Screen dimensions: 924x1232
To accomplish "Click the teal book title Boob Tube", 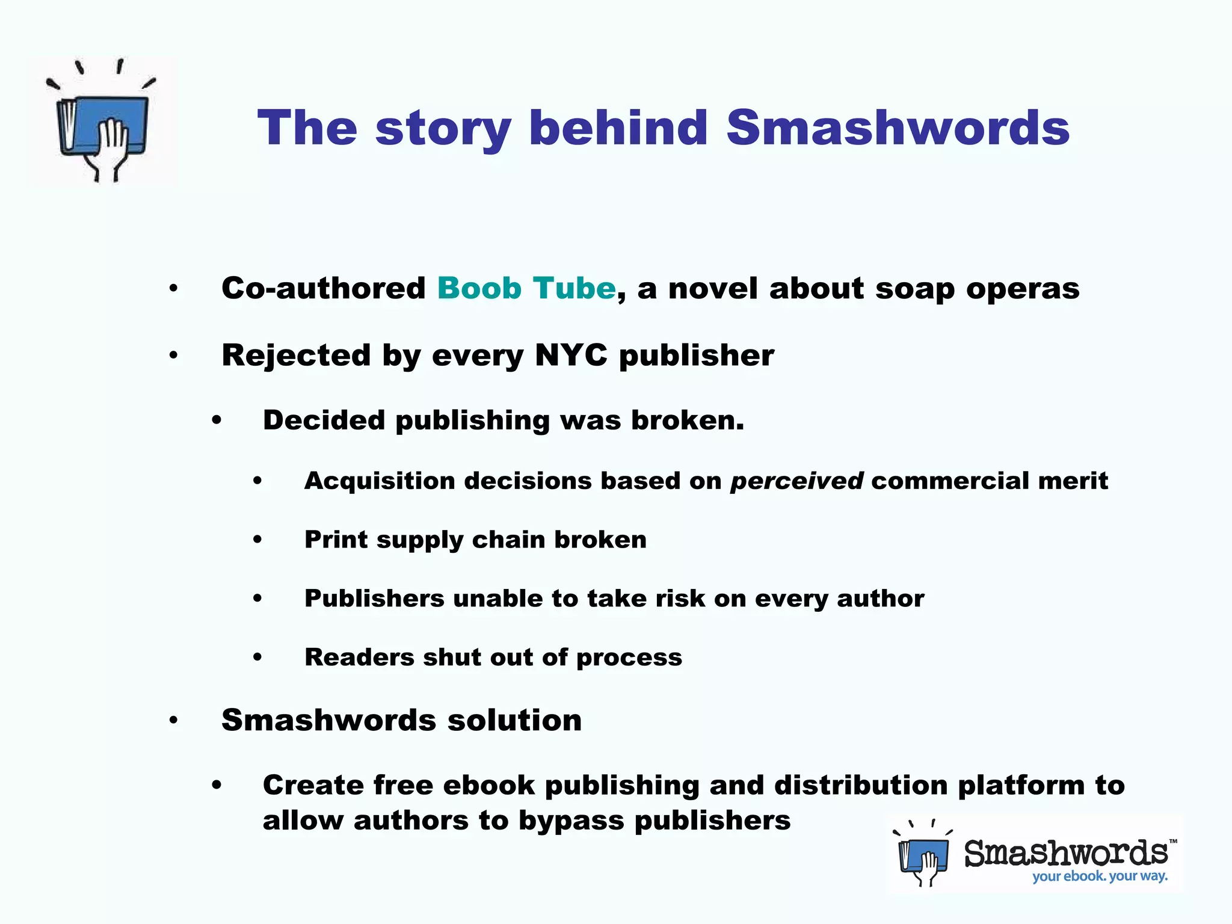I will click(x=526, y=288).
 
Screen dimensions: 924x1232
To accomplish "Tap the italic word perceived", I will click(x=796, y=481).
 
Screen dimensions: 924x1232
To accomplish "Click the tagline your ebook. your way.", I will click(x=1100, y=876).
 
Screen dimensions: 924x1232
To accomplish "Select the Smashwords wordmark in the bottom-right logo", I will click(x=1066, y=852).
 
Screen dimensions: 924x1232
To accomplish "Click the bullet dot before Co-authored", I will click(x=173, y=289).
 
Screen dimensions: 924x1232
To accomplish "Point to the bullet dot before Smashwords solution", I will click(x=173, y=720).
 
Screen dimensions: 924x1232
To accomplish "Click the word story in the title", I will click(x=443, y=129).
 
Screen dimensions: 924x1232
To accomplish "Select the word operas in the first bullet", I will click(x=1023, y=288).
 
